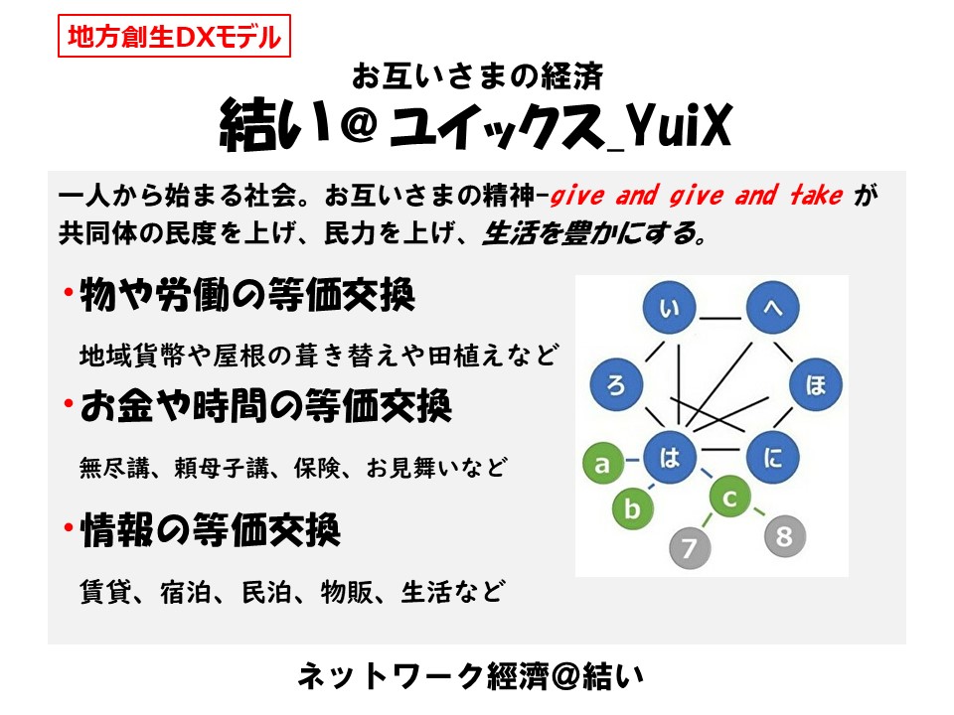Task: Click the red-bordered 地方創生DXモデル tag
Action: [x=174, y=37]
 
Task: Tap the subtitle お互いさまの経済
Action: [x=478, y=76]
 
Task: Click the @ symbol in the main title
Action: [x=359, y=124]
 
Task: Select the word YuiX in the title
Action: [x=679, y=125]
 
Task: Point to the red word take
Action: [x=816, y=196]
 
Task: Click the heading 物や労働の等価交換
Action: [x=247, y=295]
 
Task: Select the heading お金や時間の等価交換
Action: [x=266, y=405]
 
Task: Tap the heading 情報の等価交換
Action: [x=210, y=529]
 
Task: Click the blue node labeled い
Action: [x=669, y=307]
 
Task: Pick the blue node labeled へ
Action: [x=773, y=307]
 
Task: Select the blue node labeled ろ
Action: [x=616, y=384]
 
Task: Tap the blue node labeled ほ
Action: [x=816, y=384]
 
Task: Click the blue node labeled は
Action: [x=669, y=457]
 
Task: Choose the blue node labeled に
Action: [x=773, y=457]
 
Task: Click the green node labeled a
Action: [x=603, y=464]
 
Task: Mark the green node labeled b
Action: [x=633, y=507]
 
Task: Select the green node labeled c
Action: [x=729, y=497]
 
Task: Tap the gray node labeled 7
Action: [x=690, y=547]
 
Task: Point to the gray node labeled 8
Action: [x=785, y=535]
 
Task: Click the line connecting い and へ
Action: [x=720, y=318]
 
